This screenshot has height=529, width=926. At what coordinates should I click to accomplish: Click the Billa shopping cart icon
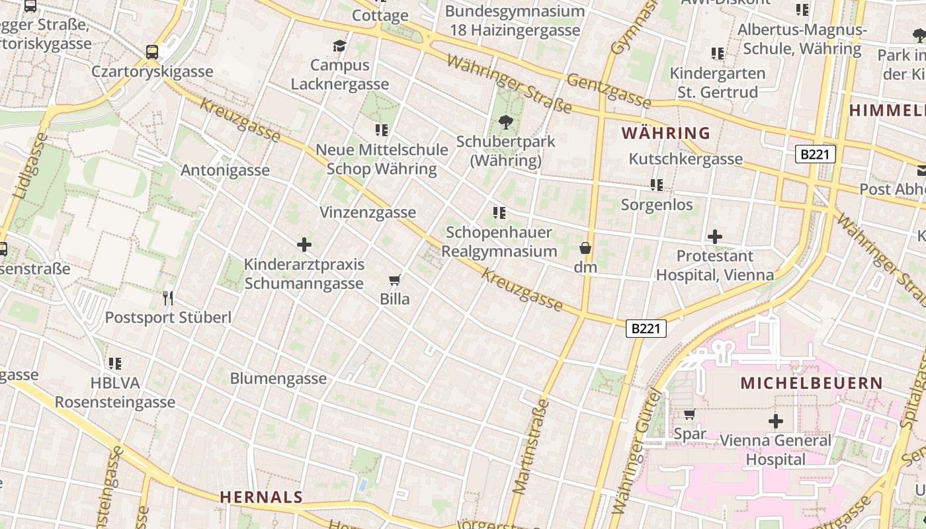coord(395,280)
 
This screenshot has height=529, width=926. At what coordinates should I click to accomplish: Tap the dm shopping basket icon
coord(585,249)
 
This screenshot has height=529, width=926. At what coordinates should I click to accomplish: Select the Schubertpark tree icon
coord(506,122)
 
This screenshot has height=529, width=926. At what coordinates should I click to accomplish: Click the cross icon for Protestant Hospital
coord(715,237)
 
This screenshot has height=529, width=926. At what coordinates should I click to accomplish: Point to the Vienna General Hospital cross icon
coord(776,421)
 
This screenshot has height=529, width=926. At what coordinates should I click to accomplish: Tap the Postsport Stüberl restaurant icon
coord(168,298)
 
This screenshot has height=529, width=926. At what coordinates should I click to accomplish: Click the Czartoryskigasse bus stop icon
coord(152,52)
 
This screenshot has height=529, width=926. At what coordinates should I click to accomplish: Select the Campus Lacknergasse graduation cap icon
coord(339,46)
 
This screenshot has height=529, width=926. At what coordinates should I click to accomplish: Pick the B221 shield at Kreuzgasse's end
coord(645,328)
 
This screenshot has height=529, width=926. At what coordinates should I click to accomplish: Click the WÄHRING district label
coord(666,133)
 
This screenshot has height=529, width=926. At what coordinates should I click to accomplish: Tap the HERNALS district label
coord(261,497)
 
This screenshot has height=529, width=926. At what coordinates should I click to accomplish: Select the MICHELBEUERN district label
coord(812,383)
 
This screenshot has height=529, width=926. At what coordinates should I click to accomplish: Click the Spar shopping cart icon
coord(689,415)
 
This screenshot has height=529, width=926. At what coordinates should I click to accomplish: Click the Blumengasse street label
coord(278,378)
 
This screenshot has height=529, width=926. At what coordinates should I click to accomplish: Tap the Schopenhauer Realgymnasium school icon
coord(499,213)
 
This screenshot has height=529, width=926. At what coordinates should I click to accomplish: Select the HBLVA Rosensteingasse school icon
coord(115,364)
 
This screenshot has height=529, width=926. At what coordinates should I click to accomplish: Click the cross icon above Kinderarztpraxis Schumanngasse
coord(304,245)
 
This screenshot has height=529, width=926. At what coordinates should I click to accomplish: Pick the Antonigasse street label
coord(225,170)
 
